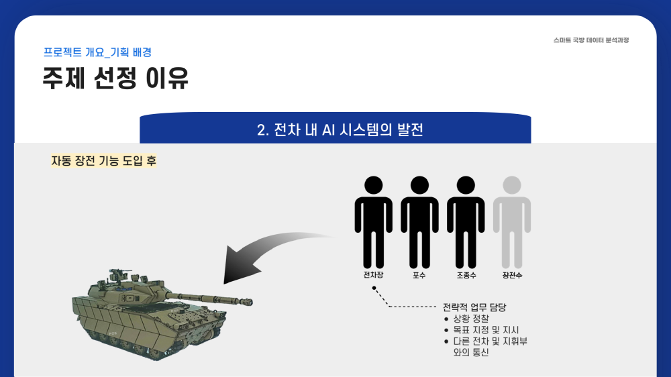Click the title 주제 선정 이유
click(115, 78)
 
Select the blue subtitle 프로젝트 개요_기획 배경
click(97, 52)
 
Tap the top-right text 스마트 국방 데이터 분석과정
click(591, 40)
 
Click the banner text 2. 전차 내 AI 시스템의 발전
click(340, 129)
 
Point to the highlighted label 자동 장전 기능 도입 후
click(103, 161)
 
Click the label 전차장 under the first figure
click(373, 275)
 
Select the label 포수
click(419, 276)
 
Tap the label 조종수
click(466, 276)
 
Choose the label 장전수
click(512, 276)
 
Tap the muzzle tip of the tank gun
click(249, 302)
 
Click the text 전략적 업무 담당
click(474, 307)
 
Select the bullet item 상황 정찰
click(471, 319)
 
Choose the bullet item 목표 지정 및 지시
click(486, 330)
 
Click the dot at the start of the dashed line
click(374, 288)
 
